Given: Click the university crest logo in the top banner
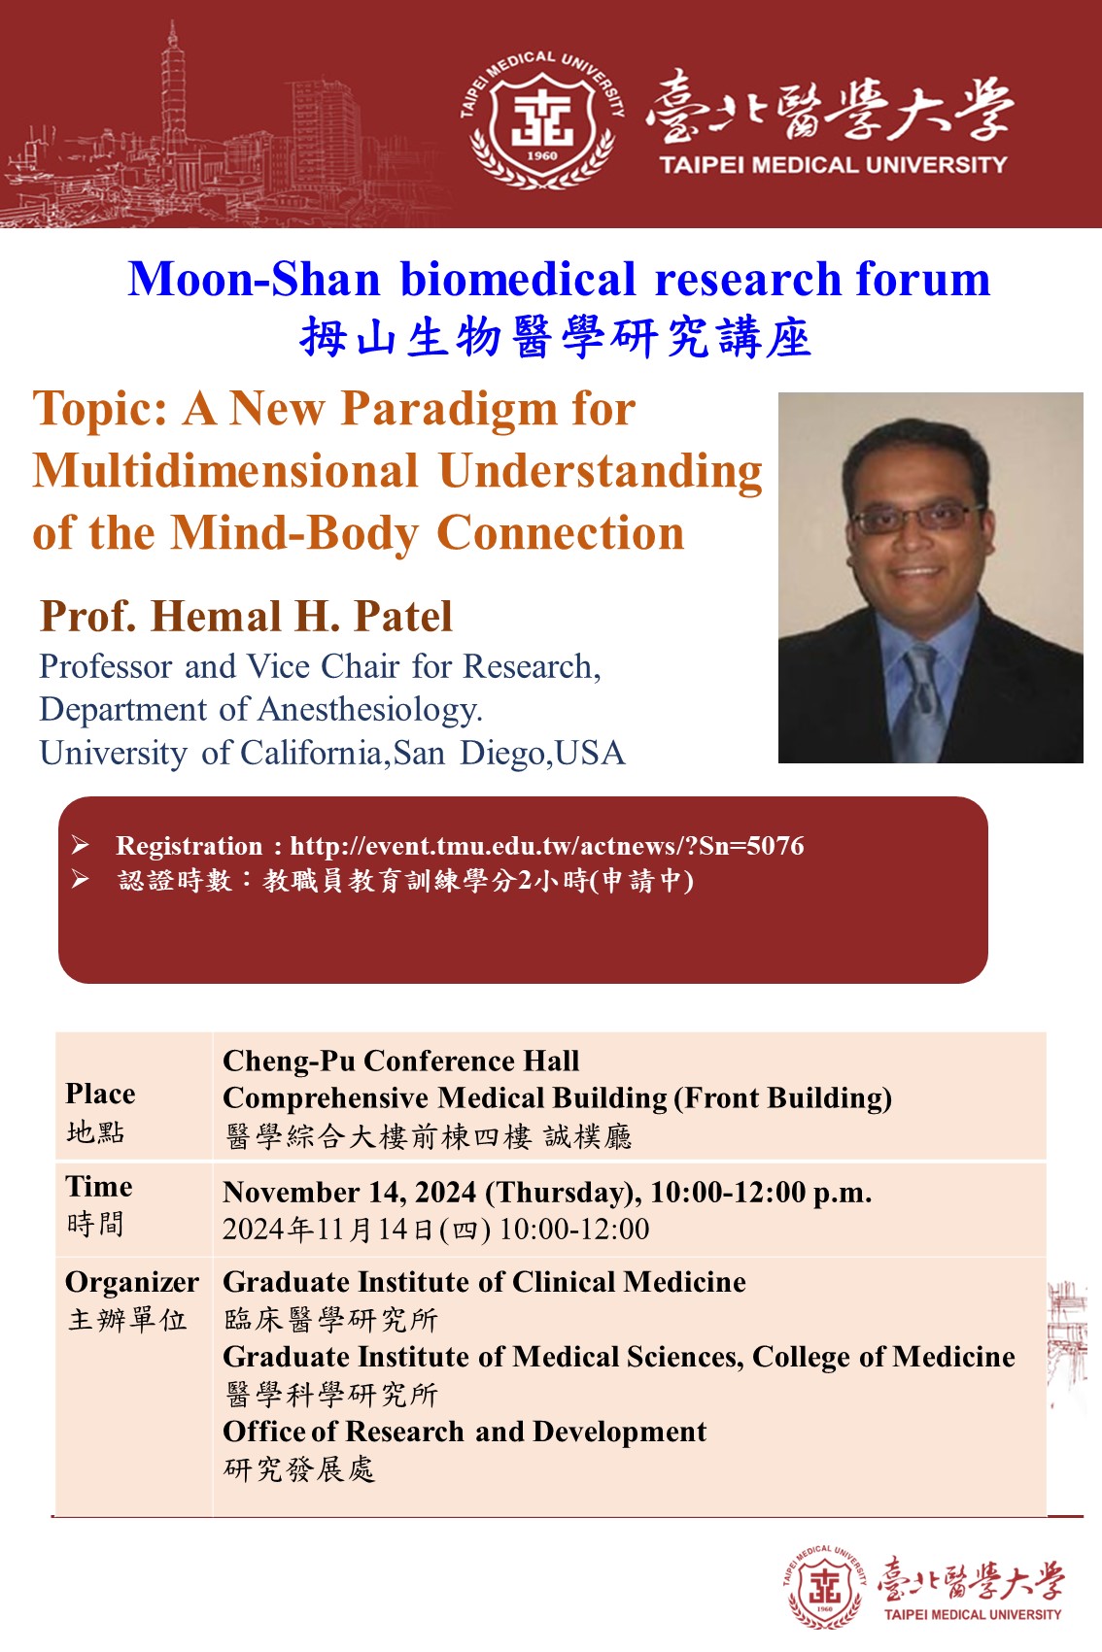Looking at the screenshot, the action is (542, 119).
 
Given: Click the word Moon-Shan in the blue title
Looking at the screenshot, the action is (254, 280).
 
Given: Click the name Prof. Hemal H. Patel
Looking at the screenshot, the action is (246, 617).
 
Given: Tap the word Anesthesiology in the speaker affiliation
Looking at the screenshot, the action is (369, 710).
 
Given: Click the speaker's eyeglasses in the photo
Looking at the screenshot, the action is (917, 519).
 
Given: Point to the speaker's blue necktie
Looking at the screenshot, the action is (919, 700).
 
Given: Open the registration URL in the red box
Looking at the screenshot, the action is (547, 846).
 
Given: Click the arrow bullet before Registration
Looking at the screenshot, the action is (81, 845).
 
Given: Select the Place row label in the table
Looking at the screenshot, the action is (100, 1094).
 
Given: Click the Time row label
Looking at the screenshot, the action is (99, 1187).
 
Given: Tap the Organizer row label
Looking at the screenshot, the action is (132, 1283).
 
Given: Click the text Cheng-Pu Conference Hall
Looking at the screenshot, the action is (400, 1062).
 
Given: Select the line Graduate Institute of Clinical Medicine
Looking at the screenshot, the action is (484, 1283).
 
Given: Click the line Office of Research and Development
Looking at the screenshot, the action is (465, 1432).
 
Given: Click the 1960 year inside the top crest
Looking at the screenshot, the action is (542, 155).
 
